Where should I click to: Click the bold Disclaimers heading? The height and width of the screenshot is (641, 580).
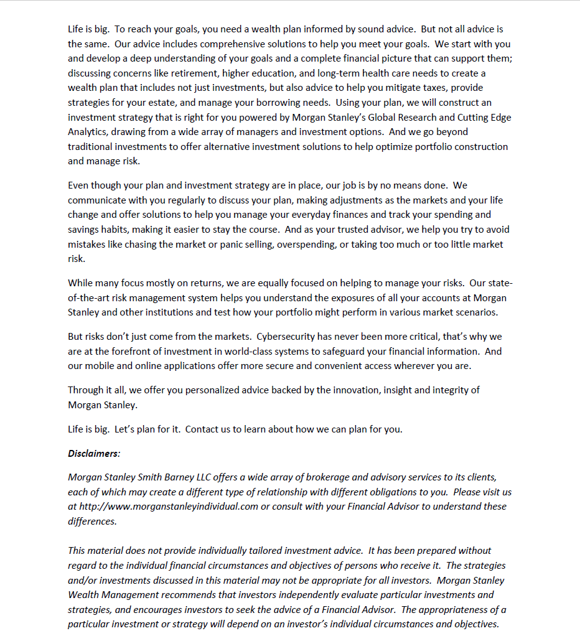click(x=93, y=453)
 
